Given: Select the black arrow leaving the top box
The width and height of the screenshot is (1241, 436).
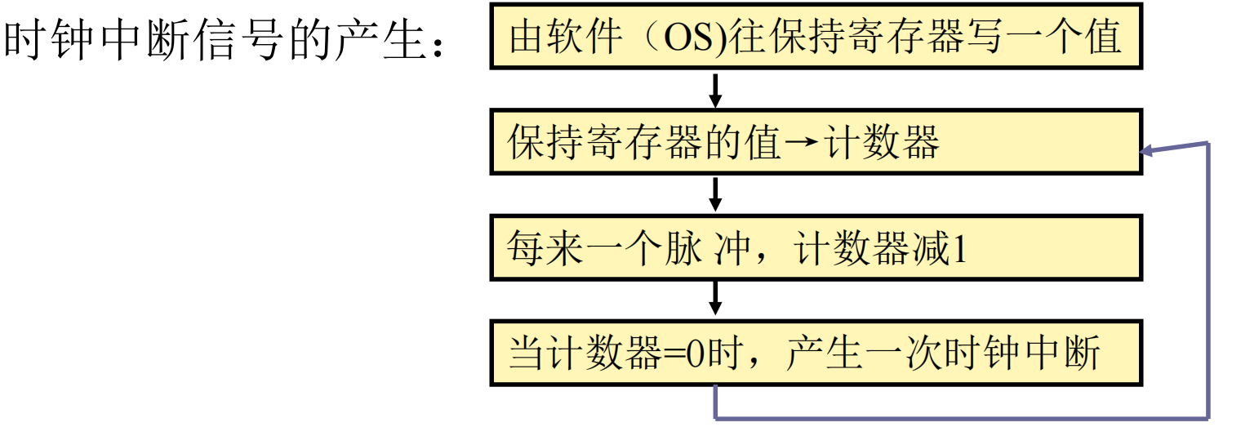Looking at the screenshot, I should point(715,91).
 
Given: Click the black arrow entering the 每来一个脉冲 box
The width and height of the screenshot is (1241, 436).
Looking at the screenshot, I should point(715,194).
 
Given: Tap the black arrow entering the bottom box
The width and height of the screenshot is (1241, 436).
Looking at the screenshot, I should point(715,299).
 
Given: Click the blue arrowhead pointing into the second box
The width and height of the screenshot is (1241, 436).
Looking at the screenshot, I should point(1148,151).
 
